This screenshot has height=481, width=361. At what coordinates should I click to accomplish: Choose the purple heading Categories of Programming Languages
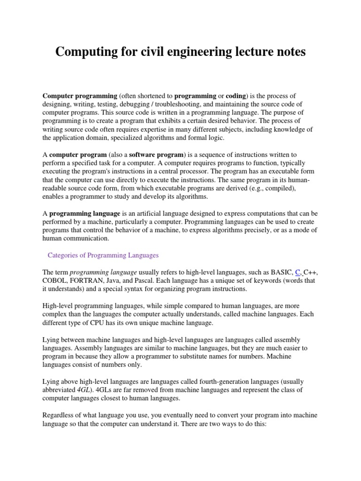(x=103, y=255)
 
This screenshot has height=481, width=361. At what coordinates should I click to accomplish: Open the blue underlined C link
(x=297, y=272)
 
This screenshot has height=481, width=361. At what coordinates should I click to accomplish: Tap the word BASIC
(x=280, y=272)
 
